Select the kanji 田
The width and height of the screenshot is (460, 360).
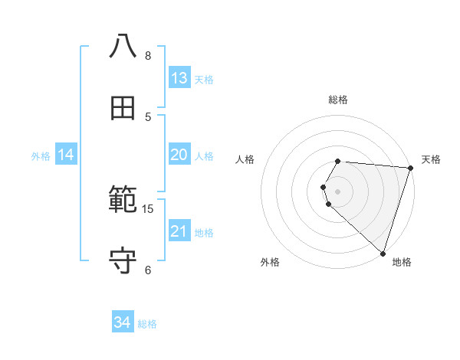coord(123,108)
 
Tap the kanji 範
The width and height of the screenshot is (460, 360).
coord(123,201)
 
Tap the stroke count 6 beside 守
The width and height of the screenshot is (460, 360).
coord(148,270)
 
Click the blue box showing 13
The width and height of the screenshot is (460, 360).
coord(179,78)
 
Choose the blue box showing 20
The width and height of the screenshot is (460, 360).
coord(179,155)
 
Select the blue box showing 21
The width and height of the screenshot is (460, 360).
coord(179,231)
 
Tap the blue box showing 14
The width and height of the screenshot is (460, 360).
coord(66,155)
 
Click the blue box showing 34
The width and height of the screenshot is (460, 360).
coord(123,323)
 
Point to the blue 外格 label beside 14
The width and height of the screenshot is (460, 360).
coord(41,156)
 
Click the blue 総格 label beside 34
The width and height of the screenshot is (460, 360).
coord(148,325)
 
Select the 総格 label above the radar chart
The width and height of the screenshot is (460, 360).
coord(338,100)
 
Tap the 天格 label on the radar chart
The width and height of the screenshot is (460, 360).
coord(431,159)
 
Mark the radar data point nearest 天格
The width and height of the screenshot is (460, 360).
coord(411,168)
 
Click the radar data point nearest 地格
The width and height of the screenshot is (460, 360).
coord(383,253)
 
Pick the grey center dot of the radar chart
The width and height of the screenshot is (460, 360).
coord(338,191)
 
